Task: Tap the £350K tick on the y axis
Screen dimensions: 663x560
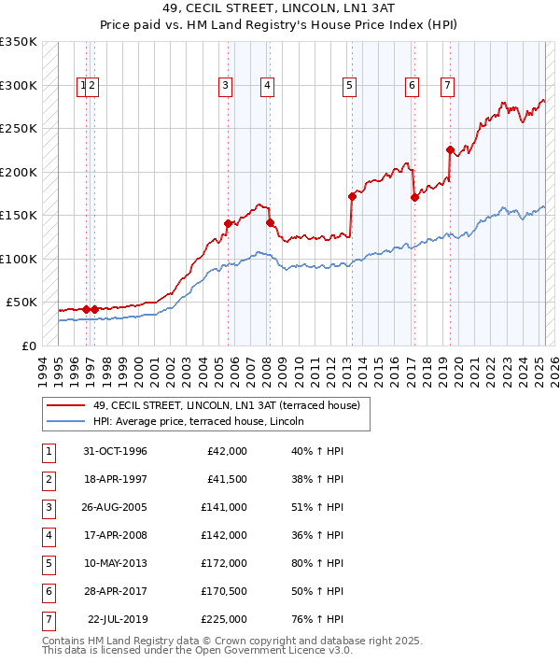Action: (x=18, y=42)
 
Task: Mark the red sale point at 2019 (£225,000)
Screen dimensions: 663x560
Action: (x=450, y=149)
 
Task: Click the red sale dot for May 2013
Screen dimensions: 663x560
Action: (x=352, y=196)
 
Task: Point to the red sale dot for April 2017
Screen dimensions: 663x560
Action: (x=414, y=197)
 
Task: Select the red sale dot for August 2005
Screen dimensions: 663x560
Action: (x=229, y=223)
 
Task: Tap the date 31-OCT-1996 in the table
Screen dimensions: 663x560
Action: (x=115, y=451)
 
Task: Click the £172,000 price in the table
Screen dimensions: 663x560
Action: (x=225, y=563)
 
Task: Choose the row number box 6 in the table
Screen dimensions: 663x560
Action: (x=47, y=591)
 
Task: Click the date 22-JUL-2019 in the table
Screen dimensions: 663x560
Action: (x=118, y=619)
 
